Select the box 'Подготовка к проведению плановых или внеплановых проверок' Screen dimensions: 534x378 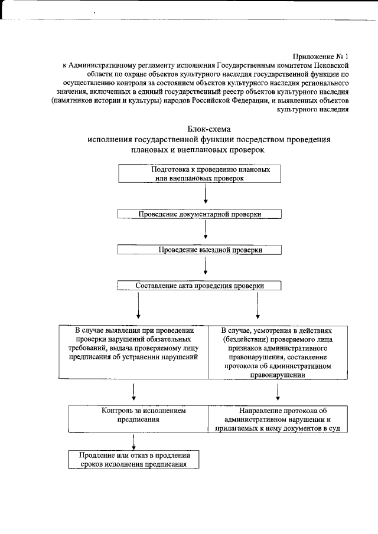point(205,173)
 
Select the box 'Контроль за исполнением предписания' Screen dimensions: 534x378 point(138,420)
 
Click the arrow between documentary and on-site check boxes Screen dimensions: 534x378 point(205,232)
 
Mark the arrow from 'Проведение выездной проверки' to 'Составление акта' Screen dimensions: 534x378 point(205,268)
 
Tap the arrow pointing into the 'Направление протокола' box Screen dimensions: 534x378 point(278,392)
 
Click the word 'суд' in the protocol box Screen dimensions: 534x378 point(335,428)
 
